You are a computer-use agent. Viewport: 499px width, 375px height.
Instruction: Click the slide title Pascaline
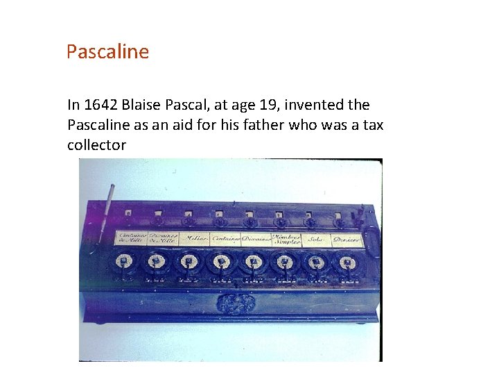coord(107,52)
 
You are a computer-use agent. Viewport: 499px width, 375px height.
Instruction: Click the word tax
coord(374,125)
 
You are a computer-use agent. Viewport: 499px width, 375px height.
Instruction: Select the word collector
coord(96,145)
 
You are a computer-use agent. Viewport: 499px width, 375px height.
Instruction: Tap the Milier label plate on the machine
coord(194,239)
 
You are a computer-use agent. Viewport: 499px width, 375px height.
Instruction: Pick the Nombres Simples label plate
coord(286,238)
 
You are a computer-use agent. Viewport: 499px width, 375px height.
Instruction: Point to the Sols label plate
coord(315,239)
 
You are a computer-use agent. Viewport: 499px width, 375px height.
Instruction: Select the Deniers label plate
coord(346,239)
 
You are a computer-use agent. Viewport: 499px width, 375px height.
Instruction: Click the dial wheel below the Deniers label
coord(346,262)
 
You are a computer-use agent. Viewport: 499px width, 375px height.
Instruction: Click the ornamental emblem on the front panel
coord(234,303)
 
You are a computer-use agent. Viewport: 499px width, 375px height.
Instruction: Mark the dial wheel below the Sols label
coord(316,262)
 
